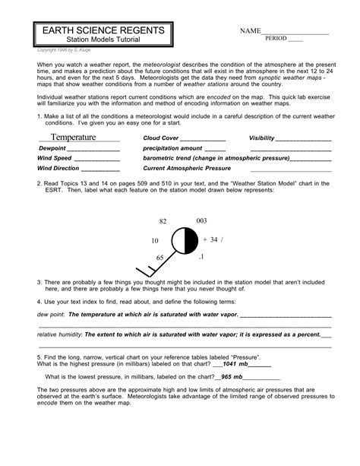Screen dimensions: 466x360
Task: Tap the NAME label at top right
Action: pos(250,32)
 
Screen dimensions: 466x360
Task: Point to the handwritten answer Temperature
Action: pos(74,137)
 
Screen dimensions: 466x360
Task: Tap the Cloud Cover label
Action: pos(161,138)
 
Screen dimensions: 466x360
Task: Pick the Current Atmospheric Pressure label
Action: pos(187,168)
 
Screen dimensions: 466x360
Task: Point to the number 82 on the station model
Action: pos(163,221)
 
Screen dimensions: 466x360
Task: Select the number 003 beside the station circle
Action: pos(201,220)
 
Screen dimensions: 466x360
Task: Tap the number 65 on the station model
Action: pos(160,258)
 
